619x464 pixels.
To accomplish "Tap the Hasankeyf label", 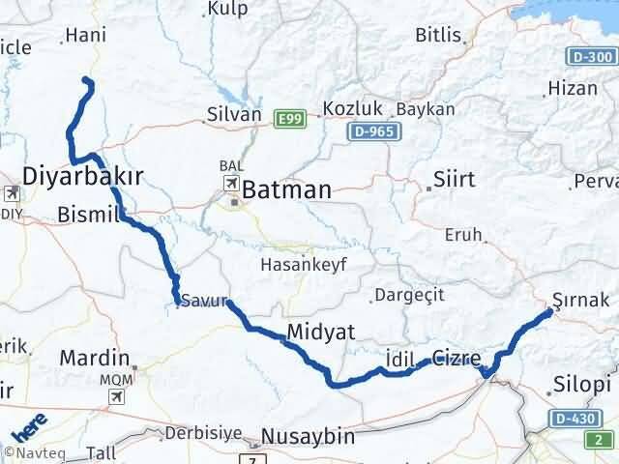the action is coord(305,264).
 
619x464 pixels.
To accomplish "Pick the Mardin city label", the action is coord(95,359).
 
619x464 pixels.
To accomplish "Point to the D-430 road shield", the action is coord(575,418).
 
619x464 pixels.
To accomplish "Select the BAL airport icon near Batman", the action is coord(232,182).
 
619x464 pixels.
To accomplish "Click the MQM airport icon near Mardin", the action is coord(118,395).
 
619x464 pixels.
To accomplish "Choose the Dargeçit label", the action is coord(406,295).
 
